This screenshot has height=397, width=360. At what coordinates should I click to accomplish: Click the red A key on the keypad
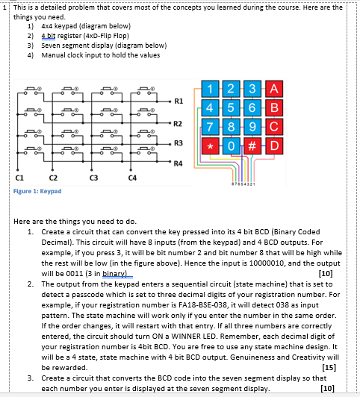pos(274,89)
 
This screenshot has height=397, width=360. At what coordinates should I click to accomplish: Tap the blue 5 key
pos(231,108)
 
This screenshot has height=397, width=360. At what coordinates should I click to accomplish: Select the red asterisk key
pos(210,146)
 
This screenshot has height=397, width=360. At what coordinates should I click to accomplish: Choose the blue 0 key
pos(231,146)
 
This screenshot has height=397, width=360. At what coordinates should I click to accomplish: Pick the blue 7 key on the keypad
pos(210,127)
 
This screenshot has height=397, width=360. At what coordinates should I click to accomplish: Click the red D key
pos(274,146)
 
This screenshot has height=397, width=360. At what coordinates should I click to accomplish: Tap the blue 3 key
pos(252,89)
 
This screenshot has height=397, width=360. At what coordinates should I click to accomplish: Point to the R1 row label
pos(179,101)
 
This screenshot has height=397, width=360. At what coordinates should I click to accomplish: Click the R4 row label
pos(178,163)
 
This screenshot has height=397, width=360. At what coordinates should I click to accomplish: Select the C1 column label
pos(19,178)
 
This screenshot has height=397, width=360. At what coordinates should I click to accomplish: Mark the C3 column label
pos(93,178)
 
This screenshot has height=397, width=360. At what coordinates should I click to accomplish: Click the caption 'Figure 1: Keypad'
pos(37,191)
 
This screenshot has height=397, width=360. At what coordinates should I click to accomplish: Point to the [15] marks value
pos(329,367)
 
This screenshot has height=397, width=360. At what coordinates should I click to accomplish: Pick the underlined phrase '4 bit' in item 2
pos(49,36)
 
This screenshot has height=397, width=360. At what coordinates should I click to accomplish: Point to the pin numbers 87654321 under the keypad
pos(243,184)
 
